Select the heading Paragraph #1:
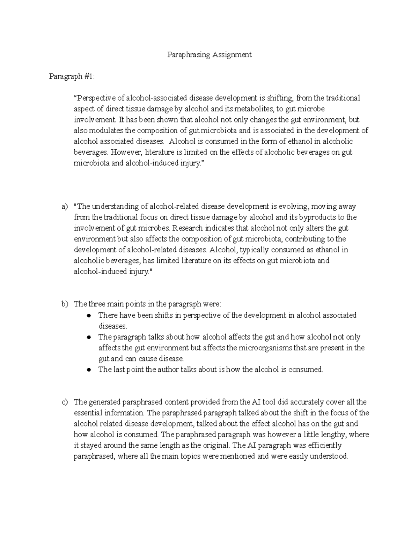72,76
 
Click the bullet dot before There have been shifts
89,315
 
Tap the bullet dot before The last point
89,370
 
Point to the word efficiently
322,446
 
